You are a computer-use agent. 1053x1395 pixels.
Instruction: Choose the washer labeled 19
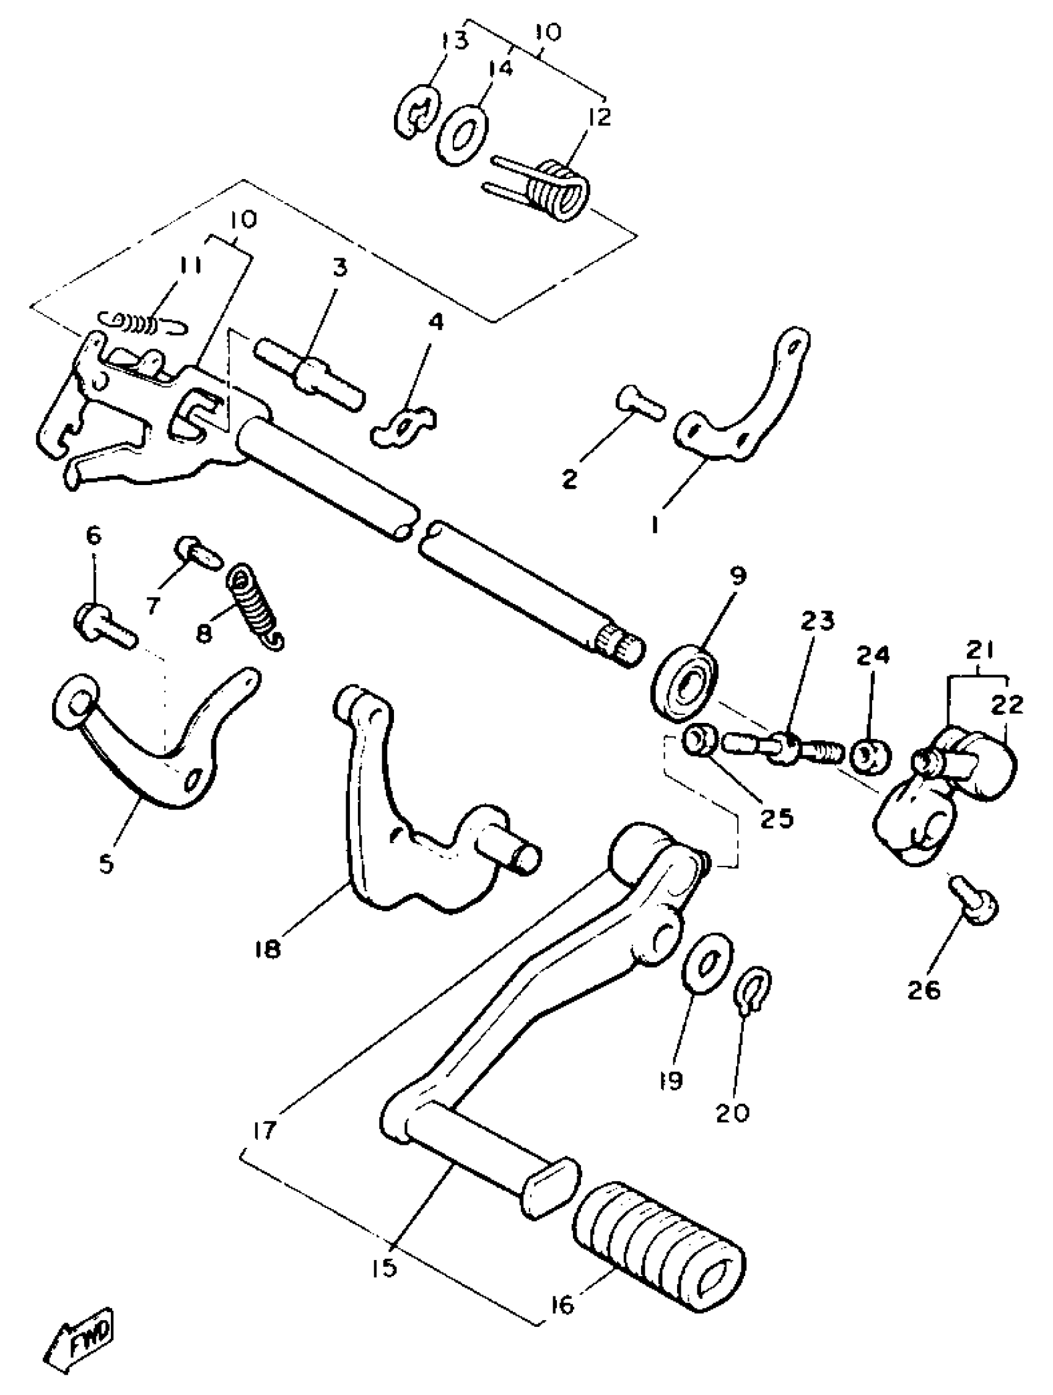coord(709,963)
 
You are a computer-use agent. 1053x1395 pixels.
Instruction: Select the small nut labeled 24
coord(872,755)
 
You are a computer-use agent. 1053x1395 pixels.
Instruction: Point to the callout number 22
coord(1007,704)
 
